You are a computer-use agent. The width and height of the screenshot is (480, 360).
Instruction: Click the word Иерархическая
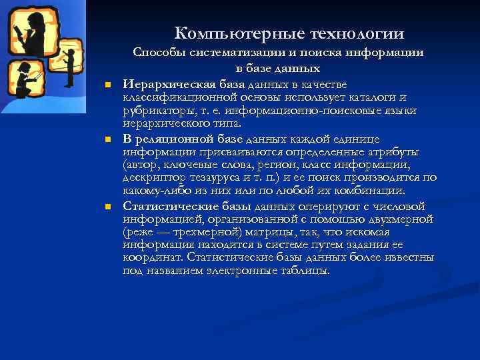[x=160, y=84]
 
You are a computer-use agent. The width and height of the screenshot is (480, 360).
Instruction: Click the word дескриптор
[x=153, y=178]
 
